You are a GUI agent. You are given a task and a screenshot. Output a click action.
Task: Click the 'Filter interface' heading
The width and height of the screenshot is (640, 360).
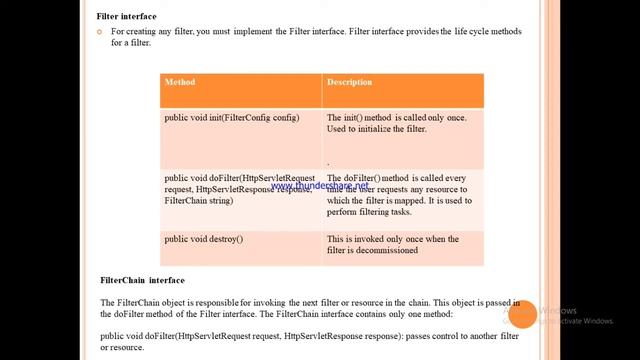coord(125,17)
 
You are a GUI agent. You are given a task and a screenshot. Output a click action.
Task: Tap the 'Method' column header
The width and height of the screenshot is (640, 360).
coord(180,82)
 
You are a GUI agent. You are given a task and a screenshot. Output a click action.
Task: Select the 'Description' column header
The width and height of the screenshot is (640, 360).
coord(349,82)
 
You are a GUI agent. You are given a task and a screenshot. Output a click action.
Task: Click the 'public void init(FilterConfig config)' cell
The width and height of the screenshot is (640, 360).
coord(232,118)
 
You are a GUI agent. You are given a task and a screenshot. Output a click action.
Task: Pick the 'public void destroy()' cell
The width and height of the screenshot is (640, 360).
coord(204,239)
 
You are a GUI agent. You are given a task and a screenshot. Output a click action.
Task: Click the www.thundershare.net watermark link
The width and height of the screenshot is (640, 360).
coord(319,185)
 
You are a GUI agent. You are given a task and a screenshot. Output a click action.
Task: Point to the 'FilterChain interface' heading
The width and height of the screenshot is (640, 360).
coord(143,280)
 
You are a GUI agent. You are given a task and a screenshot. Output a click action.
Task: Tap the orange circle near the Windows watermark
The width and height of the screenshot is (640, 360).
coord(522,315)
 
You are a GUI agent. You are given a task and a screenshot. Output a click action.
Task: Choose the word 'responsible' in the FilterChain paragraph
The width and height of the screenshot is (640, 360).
coord(215,302)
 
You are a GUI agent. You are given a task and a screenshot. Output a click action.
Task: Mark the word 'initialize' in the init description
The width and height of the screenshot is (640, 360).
coord(380,129)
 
